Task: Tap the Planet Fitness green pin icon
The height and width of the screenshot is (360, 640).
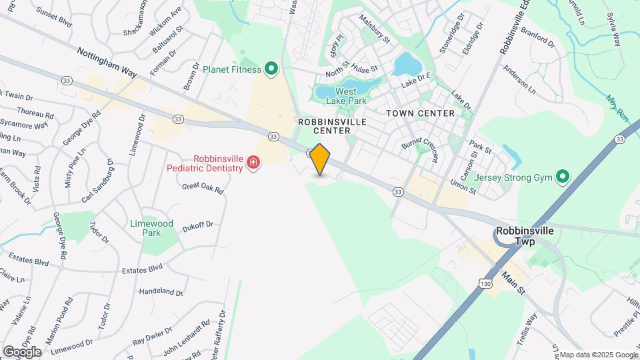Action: tap(271, 68)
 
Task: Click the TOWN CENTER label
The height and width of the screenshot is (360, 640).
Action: tap(420, 113)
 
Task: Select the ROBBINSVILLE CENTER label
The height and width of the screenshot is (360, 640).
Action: tap(324, 126)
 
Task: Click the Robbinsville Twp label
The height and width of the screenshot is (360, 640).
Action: tap(525, 235)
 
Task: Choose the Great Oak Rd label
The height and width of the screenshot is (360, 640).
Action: tap(203, 189)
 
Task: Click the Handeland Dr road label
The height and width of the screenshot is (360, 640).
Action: tap(161, 292)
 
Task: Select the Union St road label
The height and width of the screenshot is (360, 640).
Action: tap(463, 186)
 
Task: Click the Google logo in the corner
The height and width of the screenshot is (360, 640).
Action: tap(22, 351)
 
